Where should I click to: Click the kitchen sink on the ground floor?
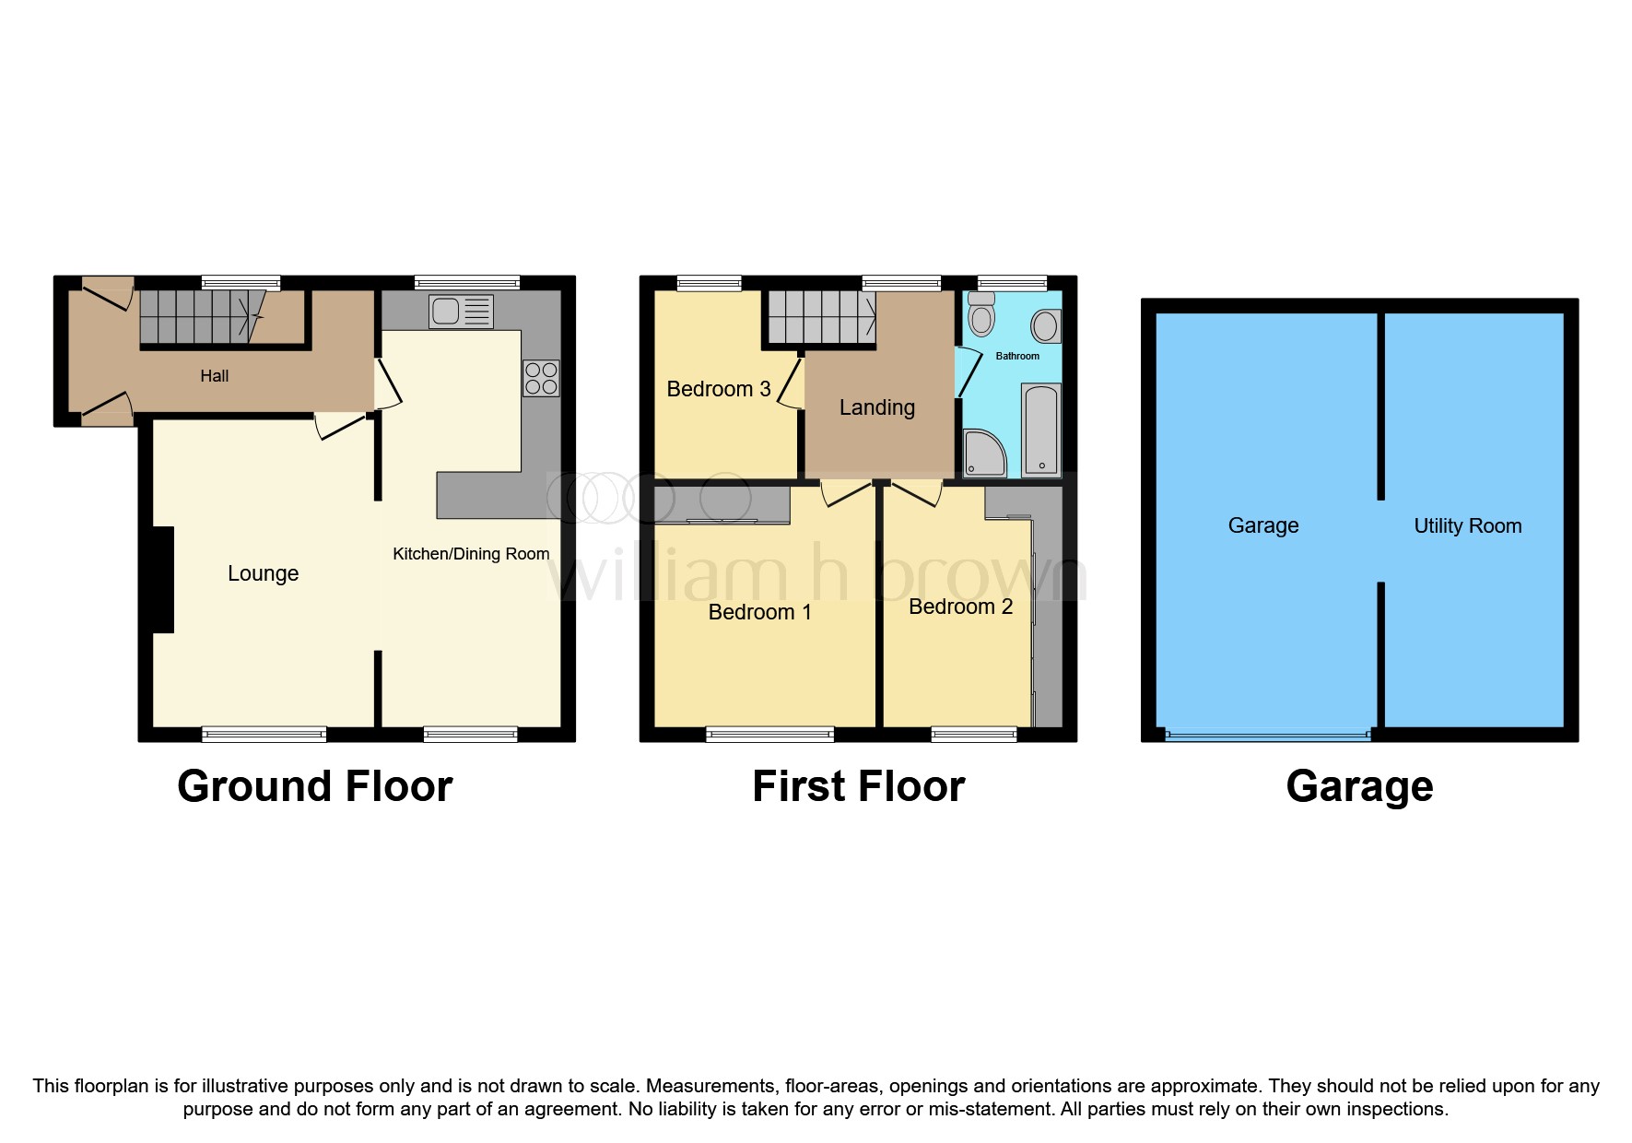(461, 312)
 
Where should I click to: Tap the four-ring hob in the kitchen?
(541, 378)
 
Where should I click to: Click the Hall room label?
(214, 376)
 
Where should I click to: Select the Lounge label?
(263, 573)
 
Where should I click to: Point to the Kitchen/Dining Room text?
(471, 554)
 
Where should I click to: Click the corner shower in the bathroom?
(983, 454)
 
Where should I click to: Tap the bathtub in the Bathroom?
(1041, 430)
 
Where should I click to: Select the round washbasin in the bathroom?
(1045, 325)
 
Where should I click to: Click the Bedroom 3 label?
(718, 389)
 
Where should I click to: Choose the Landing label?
(876, 407)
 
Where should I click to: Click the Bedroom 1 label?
(759, 612)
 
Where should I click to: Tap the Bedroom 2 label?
(960, 607)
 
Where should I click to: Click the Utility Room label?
(1467, 525)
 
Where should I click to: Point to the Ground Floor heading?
(314, 786)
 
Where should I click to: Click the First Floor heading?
(858, 786)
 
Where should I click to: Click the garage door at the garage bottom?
(1267, 736)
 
